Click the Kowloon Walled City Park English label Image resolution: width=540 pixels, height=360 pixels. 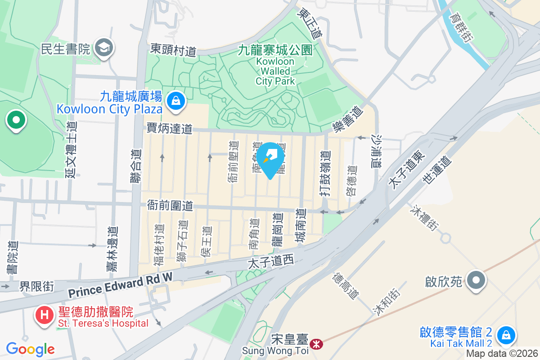pos(275,71)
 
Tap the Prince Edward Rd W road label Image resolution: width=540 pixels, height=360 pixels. pos(121,285)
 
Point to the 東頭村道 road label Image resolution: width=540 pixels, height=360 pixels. pos(173,49)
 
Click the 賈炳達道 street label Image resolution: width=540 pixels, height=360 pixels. pos(170,129)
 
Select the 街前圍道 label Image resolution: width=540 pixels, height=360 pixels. pos(170,206)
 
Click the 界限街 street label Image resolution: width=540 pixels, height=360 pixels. pos(36,286)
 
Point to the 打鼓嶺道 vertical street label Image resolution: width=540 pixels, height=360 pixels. pos(327,173)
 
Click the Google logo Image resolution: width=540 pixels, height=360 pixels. pos(30,349)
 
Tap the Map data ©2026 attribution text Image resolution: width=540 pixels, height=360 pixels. pos(502,354)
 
